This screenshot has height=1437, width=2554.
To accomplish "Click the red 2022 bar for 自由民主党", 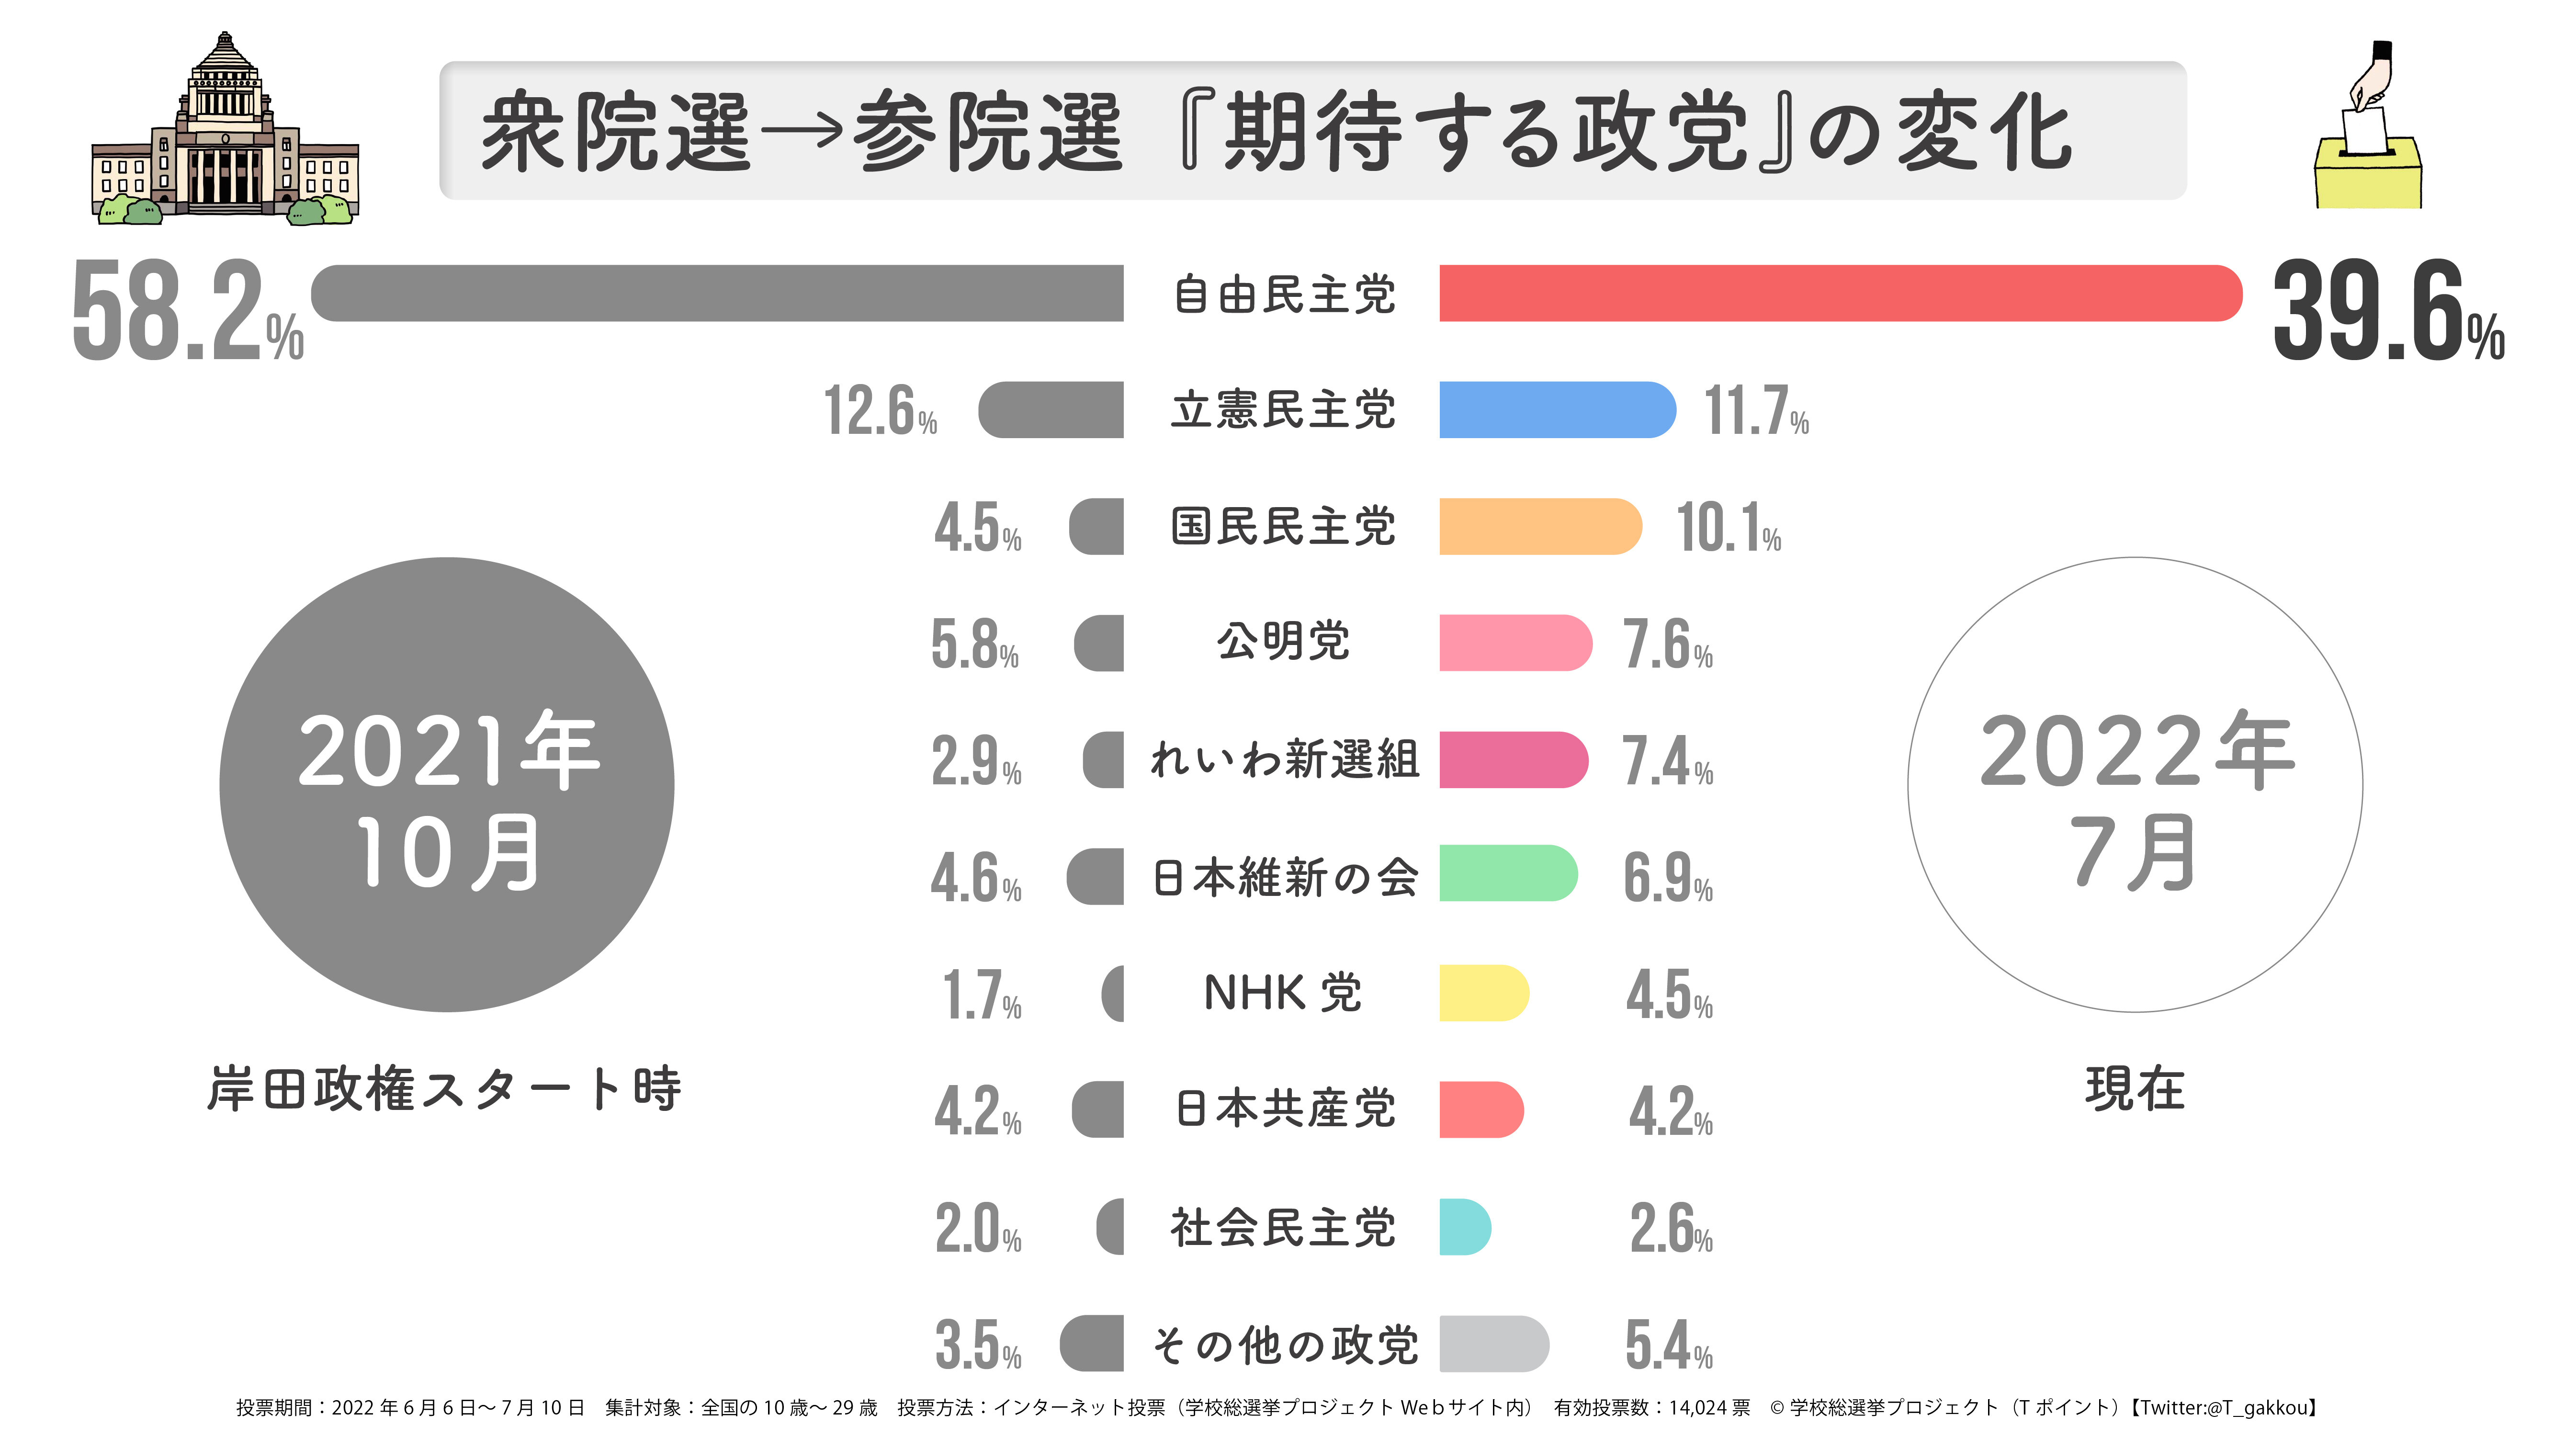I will pos(1839,294).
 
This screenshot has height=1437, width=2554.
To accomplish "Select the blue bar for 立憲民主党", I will pos(1557,409).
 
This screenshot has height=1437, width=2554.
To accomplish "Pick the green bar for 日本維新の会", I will pos(1507,874).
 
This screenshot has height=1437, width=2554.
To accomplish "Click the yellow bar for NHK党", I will pos(1483,993).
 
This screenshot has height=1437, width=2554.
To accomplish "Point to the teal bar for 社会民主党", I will pos(1464,1227).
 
